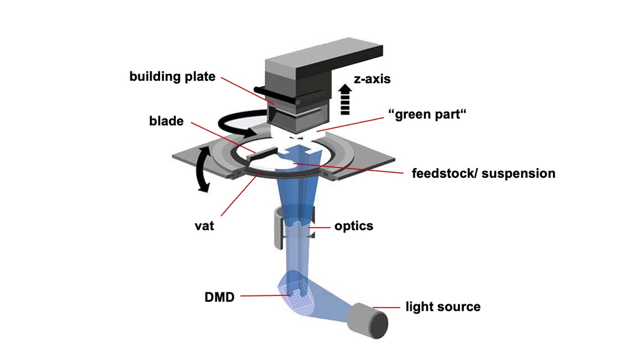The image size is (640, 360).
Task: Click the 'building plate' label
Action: [x=172, y=77]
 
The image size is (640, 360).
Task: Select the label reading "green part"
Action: [x=427, y=114]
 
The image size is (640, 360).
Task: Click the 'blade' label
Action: [x=166, y=121]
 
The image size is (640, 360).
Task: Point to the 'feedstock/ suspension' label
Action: [x=483, y=173]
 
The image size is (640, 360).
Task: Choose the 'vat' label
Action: [x=203, y=227]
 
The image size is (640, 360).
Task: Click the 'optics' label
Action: [x=353, y=226]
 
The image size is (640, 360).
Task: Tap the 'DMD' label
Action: [x=220, y=296]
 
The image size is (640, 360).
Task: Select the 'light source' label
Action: [x=443, y=307]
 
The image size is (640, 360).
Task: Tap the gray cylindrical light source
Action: [x=368, y=319]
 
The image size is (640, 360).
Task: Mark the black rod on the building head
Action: [x=276, y=96]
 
